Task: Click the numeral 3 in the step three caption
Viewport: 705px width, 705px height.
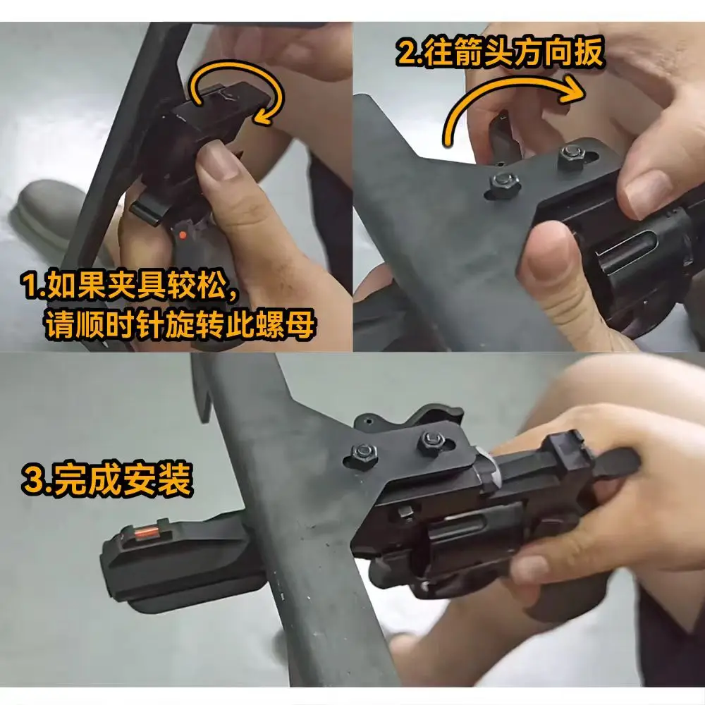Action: [33, 482]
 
